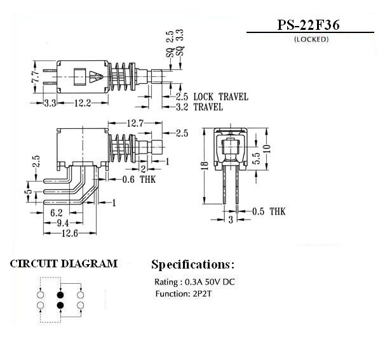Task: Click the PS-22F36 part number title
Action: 309,25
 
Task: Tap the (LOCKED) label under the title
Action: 311,39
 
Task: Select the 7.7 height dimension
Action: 36,77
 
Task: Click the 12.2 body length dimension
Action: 83,103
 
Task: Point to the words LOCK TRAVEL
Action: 221,97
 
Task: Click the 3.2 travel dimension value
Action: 182,107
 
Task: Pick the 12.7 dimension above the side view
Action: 135,123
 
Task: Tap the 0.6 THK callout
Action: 139,180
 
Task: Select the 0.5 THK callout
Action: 269,211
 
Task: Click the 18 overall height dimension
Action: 205,166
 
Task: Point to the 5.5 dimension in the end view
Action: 257,158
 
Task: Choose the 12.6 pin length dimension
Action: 70,234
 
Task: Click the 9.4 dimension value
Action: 63,223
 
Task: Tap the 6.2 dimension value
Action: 57,213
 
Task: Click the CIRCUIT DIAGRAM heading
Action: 64,264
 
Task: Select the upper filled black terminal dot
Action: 60,295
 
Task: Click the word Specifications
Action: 190,265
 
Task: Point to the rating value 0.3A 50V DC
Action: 210,282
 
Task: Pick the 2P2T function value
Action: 202,293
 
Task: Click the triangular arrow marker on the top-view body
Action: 96,77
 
